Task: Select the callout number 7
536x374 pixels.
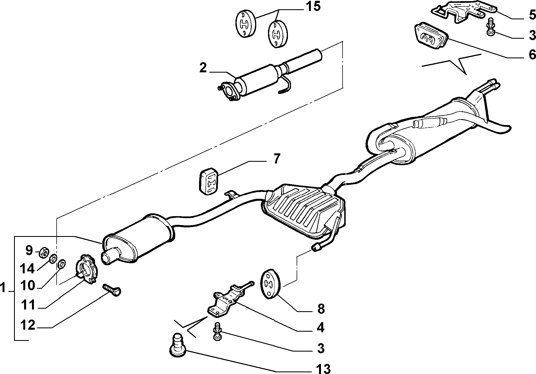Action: (x=276, y=159)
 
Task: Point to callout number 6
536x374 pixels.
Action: (x=532, y=54)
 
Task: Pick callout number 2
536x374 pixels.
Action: (x=203, y=68)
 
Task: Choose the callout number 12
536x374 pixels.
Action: (x=28, y=325)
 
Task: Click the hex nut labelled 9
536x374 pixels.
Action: (x=44, y=252)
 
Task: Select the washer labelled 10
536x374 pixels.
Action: (x=61, y=264)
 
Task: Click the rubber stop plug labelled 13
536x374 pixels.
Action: (x=177, y=345)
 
